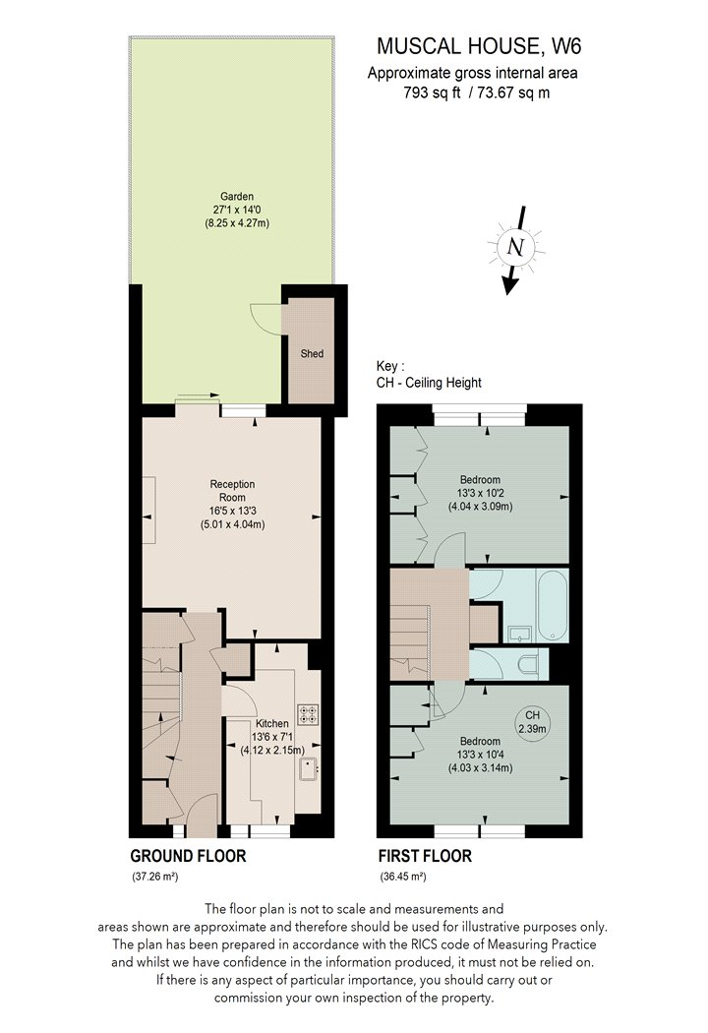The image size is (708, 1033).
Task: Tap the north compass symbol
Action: point(513,248)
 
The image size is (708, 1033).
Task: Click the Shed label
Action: point(313,354)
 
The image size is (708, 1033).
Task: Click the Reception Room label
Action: point(232,490)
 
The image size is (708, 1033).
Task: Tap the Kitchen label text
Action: point(272,724)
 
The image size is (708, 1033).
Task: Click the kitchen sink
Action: point(310,767)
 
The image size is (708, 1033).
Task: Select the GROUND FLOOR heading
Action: point(188,856)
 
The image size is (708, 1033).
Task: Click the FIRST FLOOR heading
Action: point(425,856)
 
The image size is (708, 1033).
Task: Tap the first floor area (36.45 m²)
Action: point(402,877)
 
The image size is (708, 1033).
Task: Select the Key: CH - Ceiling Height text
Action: point(428,374)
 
